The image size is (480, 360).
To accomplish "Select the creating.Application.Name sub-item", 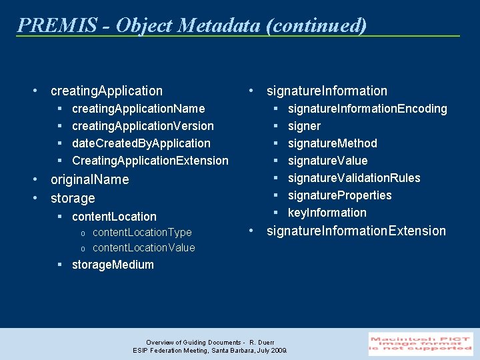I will coord(138,109).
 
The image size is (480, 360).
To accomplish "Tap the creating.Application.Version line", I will coord(143,126).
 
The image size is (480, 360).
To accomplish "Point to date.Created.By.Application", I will coord(141,143).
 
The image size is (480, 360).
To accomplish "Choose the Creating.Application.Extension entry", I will coord(150,161).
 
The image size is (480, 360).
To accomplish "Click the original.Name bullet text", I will coord(89,180).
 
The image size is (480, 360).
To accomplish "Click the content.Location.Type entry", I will coord(141,233).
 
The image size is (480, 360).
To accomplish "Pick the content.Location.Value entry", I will coord(143,248).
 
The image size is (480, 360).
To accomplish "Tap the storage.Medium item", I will coord(113,265).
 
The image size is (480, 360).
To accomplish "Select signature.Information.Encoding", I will coord(367,109).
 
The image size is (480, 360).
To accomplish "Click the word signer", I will coord(304,126).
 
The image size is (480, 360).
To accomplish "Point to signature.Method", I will coord(332,143).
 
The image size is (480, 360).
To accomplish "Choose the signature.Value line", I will coord(327,161).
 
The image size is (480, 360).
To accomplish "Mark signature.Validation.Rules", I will coord(354,178).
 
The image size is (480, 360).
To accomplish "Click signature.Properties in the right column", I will coord(339,195).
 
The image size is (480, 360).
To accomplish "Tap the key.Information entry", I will coord(327,213).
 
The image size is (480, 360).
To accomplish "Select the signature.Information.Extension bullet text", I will coord(356,231).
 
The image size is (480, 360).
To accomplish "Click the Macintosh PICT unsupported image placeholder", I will coord(421,343).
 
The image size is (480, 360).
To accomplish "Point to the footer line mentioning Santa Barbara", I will coord(210,350).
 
